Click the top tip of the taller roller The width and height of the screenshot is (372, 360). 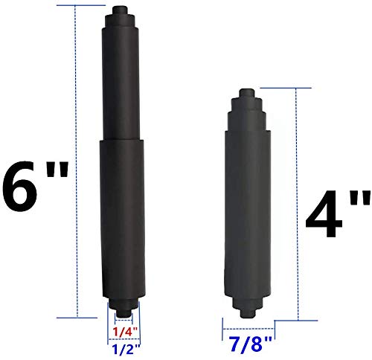coord(119,10)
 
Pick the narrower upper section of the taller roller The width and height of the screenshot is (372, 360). coord(120,82)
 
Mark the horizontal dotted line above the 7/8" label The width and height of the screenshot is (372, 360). coord(249,326)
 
